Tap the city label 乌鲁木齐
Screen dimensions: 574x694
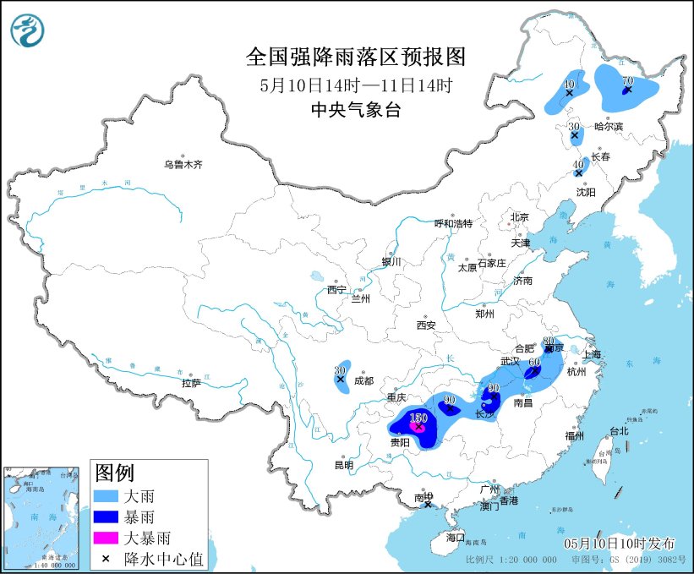183,164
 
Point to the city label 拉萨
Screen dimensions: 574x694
191,383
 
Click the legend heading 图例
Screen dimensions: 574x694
114,473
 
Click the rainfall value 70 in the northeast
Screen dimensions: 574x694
627,81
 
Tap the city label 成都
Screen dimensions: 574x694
364,380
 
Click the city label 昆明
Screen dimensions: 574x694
343,464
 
